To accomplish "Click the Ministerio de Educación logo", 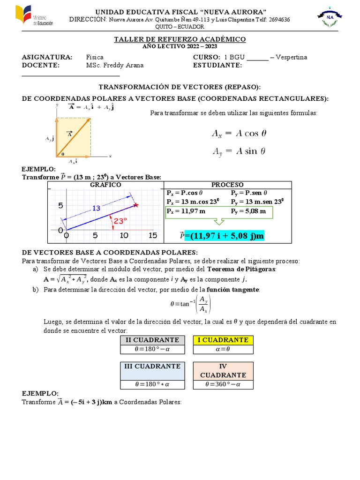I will (29, 15).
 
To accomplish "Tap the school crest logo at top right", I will (330, 19).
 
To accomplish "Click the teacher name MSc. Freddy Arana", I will (115, 66).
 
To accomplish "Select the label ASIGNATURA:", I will (47, 57).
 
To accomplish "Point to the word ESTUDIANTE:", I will (217, 66).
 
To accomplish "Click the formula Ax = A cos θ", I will (239, 133).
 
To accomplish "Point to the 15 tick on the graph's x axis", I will (152, 235).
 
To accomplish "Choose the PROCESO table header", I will (227, 185).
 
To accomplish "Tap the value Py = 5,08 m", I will (248, 211).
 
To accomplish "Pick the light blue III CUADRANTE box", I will (152, 366).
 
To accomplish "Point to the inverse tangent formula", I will (191, 304).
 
